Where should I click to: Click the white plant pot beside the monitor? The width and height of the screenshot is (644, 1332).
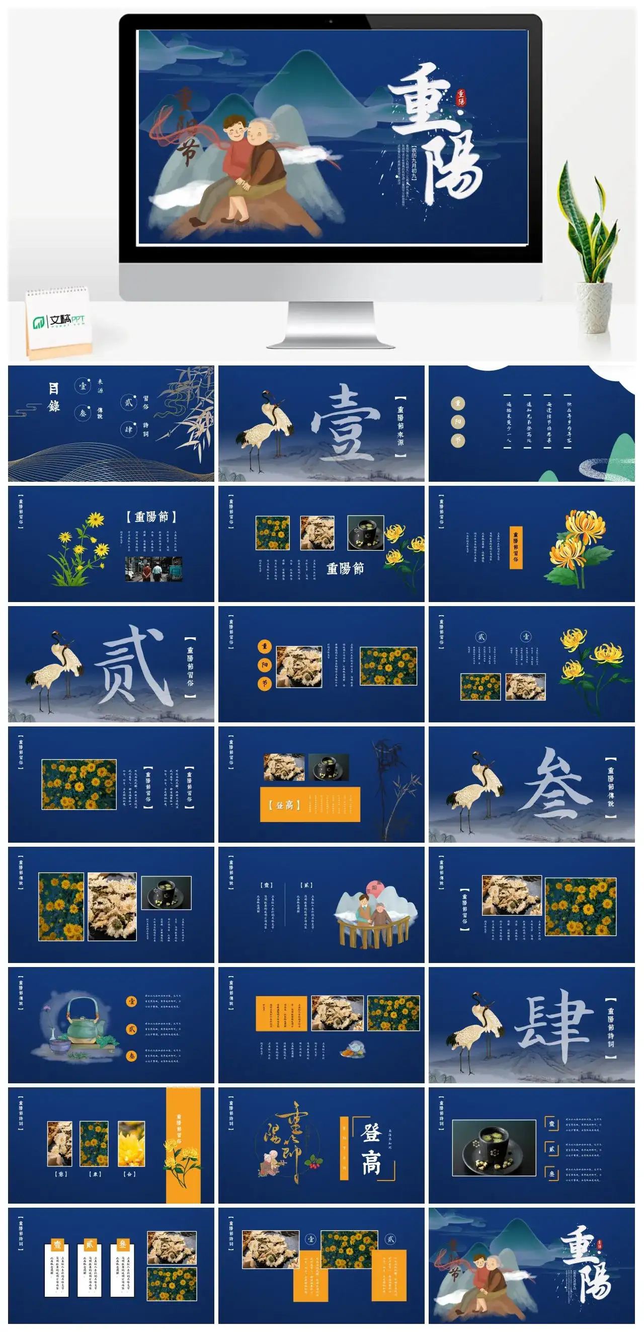(x=594, y=308)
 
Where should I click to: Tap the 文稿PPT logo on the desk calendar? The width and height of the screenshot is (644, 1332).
(x=59, y=322)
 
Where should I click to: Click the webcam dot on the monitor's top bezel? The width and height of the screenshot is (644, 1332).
(x=331, y=22)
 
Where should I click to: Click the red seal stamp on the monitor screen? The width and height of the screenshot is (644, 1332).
(x=460, y=97)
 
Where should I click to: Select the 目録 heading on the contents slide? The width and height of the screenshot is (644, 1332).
(x=54, y=397)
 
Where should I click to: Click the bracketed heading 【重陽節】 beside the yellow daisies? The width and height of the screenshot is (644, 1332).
(x=151, y=516)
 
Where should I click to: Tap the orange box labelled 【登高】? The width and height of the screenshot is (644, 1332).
(x=309, y=804)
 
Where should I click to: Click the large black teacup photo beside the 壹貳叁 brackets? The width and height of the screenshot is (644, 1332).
(x=494, y=1148)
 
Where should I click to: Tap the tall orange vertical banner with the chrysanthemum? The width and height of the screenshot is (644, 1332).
(x=183, y=1145)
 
